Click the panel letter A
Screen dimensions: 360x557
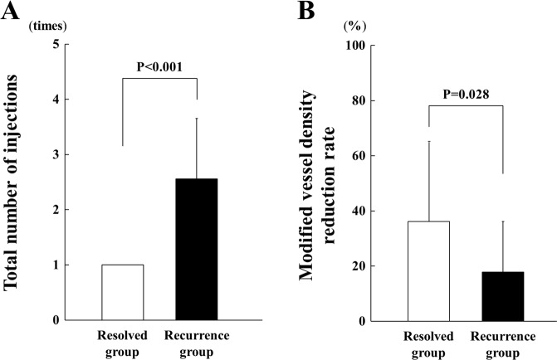11,12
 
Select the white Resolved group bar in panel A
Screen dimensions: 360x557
122,292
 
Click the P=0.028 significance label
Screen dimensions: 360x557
466,95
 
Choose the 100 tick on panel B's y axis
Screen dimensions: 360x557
362,45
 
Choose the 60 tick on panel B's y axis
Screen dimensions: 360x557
365,155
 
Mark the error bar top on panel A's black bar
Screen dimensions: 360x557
197,119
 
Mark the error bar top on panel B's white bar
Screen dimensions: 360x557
428,141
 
